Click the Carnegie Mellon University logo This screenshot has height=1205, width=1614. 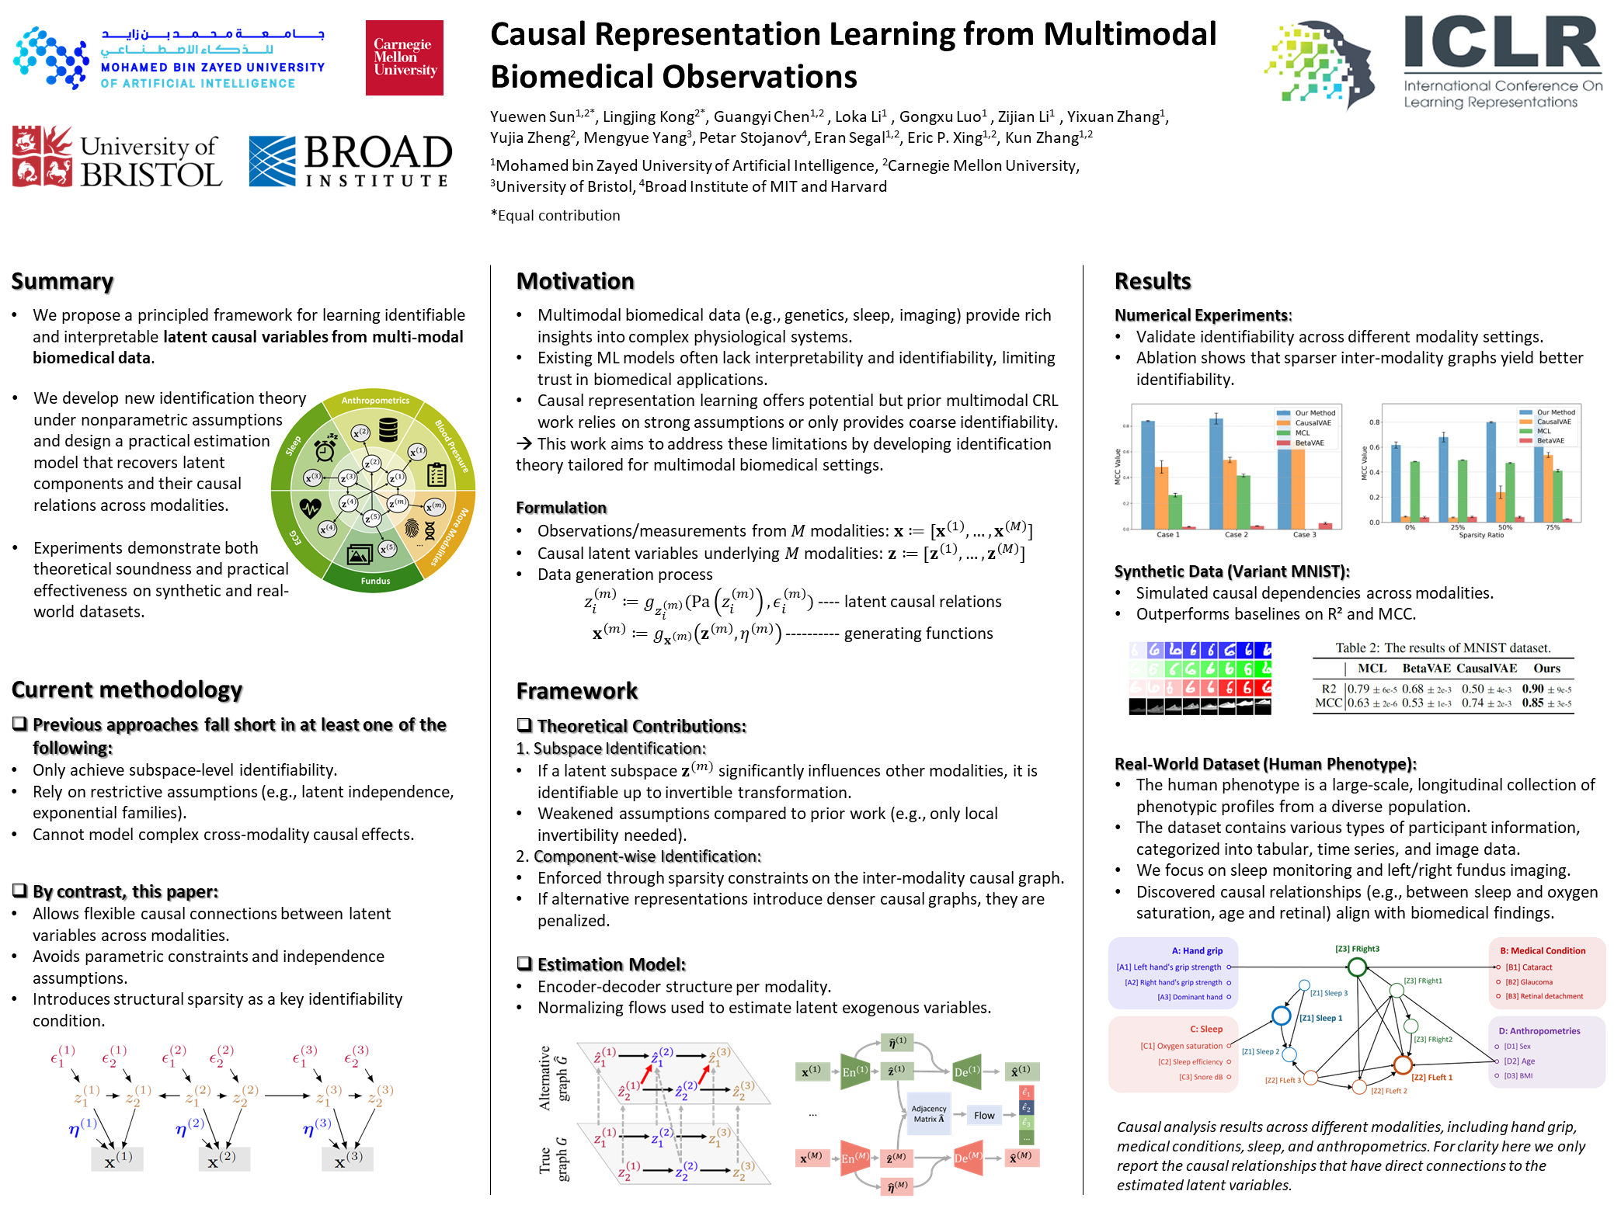(x=404, y=58)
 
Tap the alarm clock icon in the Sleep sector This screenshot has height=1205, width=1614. (x=325, y=450)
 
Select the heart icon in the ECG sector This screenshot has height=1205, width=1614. (x=310, y=508)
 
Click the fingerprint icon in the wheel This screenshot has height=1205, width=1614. (x=411, y=529)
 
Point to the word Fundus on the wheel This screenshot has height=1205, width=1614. (x=375, y=581)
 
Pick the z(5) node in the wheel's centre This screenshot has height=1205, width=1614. (x=372, y=518)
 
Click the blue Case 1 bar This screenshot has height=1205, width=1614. (x=1147, y=474)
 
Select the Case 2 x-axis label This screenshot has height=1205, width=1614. (x=1236, y=535)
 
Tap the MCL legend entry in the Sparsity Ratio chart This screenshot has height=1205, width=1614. (x=1543, y=431)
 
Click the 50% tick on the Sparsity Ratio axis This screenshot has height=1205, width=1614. (x=1505, y=528)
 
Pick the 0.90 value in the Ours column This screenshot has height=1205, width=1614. (x=1532, y=689)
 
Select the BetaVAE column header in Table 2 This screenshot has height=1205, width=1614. (x=1426, y=668)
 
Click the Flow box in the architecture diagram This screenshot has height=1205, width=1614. (x=984, y=1116)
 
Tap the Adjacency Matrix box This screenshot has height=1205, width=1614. (x=929, y=1114)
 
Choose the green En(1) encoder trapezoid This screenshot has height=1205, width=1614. (x=855, y=1072)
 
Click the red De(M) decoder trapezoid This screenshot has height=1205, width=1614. (x=968, y=1158)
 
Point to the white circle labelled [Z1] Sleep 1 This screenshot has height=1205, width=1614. (x=1281, y=1016)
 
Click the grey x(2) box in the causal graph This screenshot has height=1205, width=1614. (x=224, y=1159)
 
